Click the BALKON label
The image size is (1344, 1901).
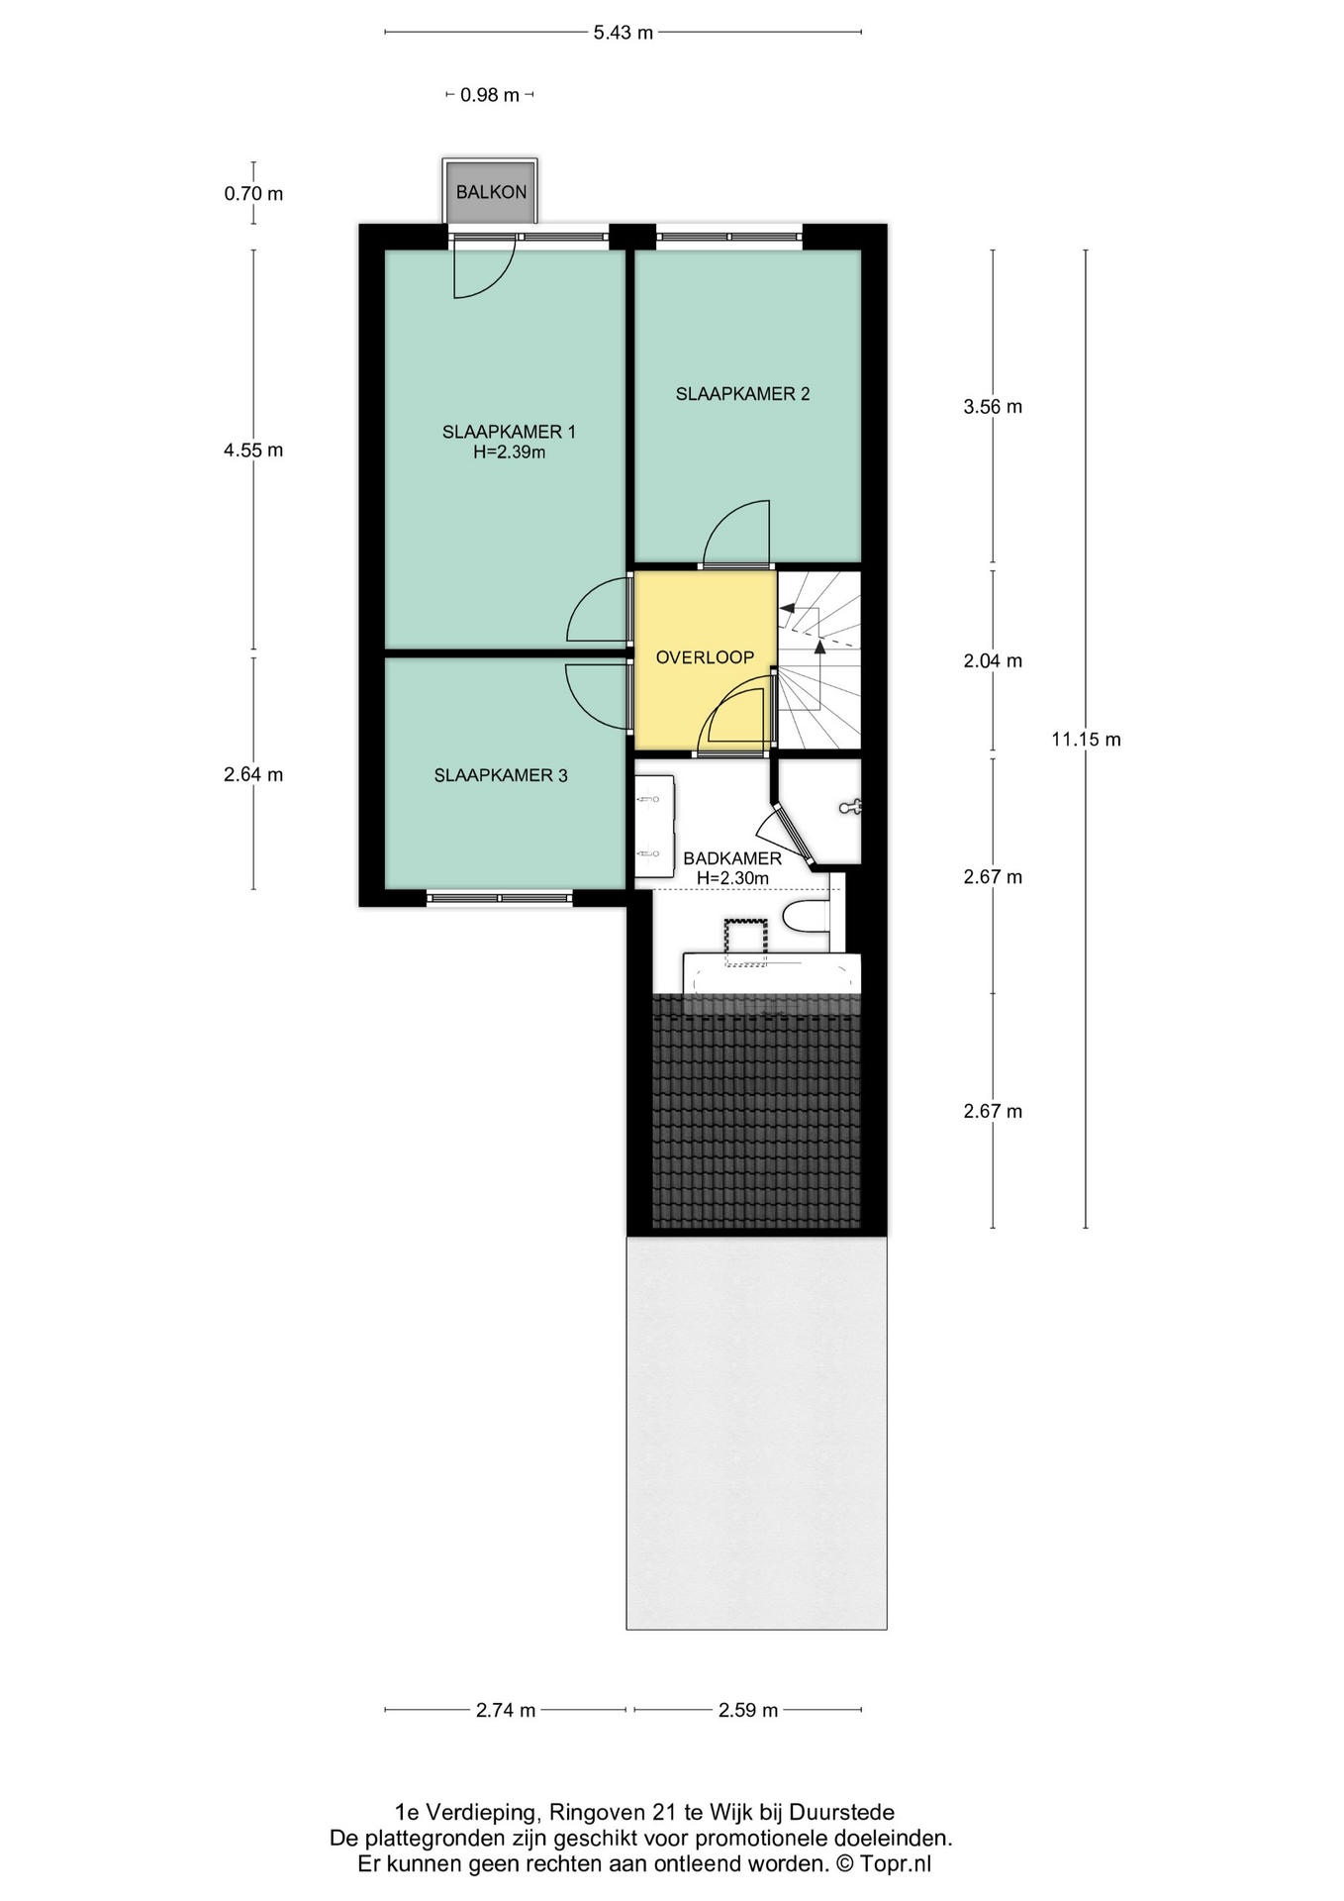coord(491,192)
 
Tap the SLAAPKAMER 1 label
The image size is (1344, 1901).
coord(509,432)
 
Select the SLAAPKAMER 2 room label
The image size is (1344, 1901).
coord(742,394)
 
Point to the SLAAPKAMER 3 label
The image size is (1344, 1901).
coord(501,775)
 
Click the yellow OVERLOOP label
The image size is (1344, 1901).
coord(705,657)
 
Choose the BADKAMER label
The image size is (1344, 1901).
coord(732,858)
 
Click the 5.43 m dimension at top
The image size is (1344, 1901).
coord(624,33)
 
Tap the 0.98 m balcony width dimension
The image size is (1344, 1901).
coord(490,95)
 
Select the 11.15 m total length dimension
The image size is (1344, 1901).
coord(1086,740)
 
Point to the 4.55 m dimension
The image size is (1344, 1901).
coord(253,450)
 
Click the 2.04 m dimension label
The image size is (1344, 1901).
coord(993,661)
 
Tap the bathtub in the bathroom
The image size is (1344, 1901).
coord(772,975)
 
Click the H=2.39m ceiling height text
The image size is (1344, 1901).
coord(509,452)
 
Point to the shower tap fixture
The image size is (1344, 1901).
coord(850,808)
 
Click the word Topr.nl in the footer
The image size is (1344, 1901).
coord(895,1864)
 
